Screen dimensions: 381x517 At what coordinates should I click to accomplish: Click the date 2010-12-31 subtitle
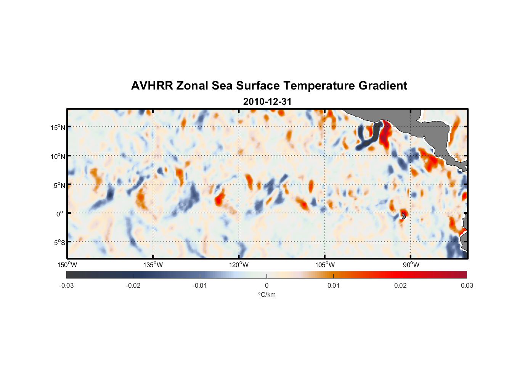(267, 102)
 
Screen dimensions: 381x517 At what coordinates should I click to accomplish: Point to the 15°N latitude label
(58, 127)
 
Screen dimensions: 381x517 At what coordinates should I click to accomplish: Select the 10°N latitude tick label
(58, 156)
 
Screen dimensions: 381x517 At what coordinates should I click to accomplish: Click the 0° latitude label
(60, 214)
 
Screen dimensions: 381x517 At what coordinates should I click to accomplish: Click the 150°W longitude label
(67, 265)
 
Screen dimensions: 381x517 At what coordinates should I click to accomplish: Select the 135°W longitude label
(153, 265)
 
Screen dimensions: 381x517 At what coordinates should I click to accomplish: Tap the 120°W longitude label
(239, 265)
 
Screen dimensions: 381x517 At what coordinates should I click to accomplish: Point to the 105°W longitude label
(325, 265)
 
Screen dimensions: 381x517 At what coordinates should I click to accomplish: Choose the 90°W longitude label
(411, 265)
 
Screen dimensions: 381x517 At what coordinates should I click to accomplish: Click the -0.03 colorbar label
(66, 285)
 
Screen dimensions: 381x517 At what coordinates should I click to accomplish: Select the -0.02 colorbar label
(133, 285)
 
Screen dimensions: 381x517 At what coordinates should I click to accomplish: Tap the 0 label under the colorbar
(267, 285)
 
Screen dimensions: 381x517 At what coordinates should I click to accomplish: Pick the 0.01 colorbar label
(333, 285)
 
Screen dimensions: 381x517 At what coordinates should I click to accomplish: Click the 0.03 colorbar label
(467, 285)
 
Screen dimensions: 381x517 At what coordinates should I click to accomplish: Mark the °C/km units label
(267, 295)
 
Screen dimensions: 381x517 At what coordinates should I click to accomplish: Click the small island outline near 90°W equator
(403, 216)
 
